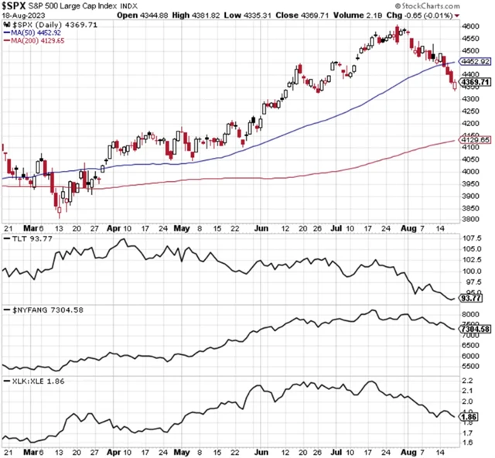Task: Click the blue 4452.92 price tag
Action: click(x=476, y=61)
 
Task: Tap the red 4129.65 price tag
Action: click(x=476, y=140)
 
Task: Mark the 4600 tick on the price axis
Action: click(x=469, y=26)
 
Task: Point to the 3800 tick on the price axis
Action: click(x=469, y=219)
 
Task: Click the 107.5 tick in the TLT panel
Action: click(x=471, y=249)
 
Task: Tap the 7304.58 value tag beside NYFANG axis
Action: click(x=476, y=329)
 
